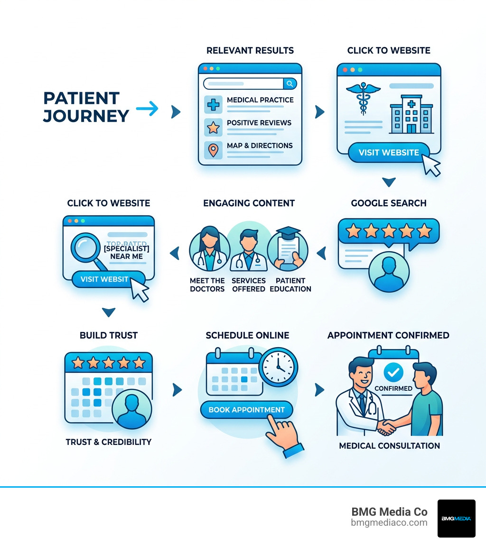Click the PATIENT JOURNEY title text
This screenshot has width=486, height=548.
[x=86, y=107]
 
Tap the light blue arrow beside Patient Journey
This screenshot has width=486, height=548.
[x=147, y=109]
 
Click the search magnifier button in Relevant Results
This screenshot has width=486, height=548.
[x=290, y=84]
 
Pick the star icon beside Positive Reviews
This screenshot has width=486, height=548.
[x=214, y=127]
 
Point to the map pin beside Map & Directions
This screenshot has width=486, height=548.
[x=214, y=150]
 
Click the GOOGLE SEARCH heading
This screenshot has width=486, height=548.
[x=389, y=203]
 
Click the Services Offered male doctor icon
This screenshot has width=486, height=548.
[x=248, y=250]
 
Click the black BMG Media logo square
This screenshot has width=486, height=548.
[x=456, y=519]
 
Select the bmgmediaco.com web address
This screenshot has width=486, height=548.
[x=389, y=523]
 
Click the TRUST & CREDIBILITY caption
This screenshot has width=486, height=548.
[x=109, y=442]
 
